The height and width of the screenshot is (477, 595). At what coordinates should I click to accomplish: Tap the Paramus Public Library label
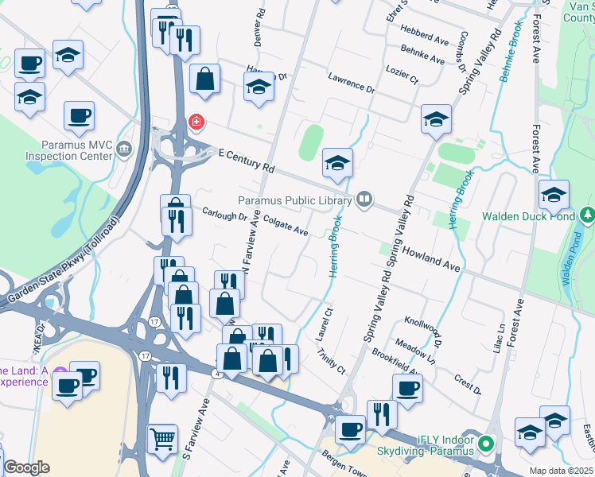295,200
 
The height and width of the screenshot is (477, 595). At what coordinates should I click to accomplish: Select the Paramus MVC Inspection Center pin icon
123,149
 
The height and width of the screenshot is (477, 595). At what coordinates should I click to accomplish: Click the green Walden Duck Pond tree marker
588,215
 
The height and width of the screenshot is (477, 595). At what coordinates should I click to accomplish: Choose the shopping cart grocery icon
162,436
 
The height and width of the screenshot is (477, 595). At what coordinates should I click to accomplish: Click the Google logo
26,467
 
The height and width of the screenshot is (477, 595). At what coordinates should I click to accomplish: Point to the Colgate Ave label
286,227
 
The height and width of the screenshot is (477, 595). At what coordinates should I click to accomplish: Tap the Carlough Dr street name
224,215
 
